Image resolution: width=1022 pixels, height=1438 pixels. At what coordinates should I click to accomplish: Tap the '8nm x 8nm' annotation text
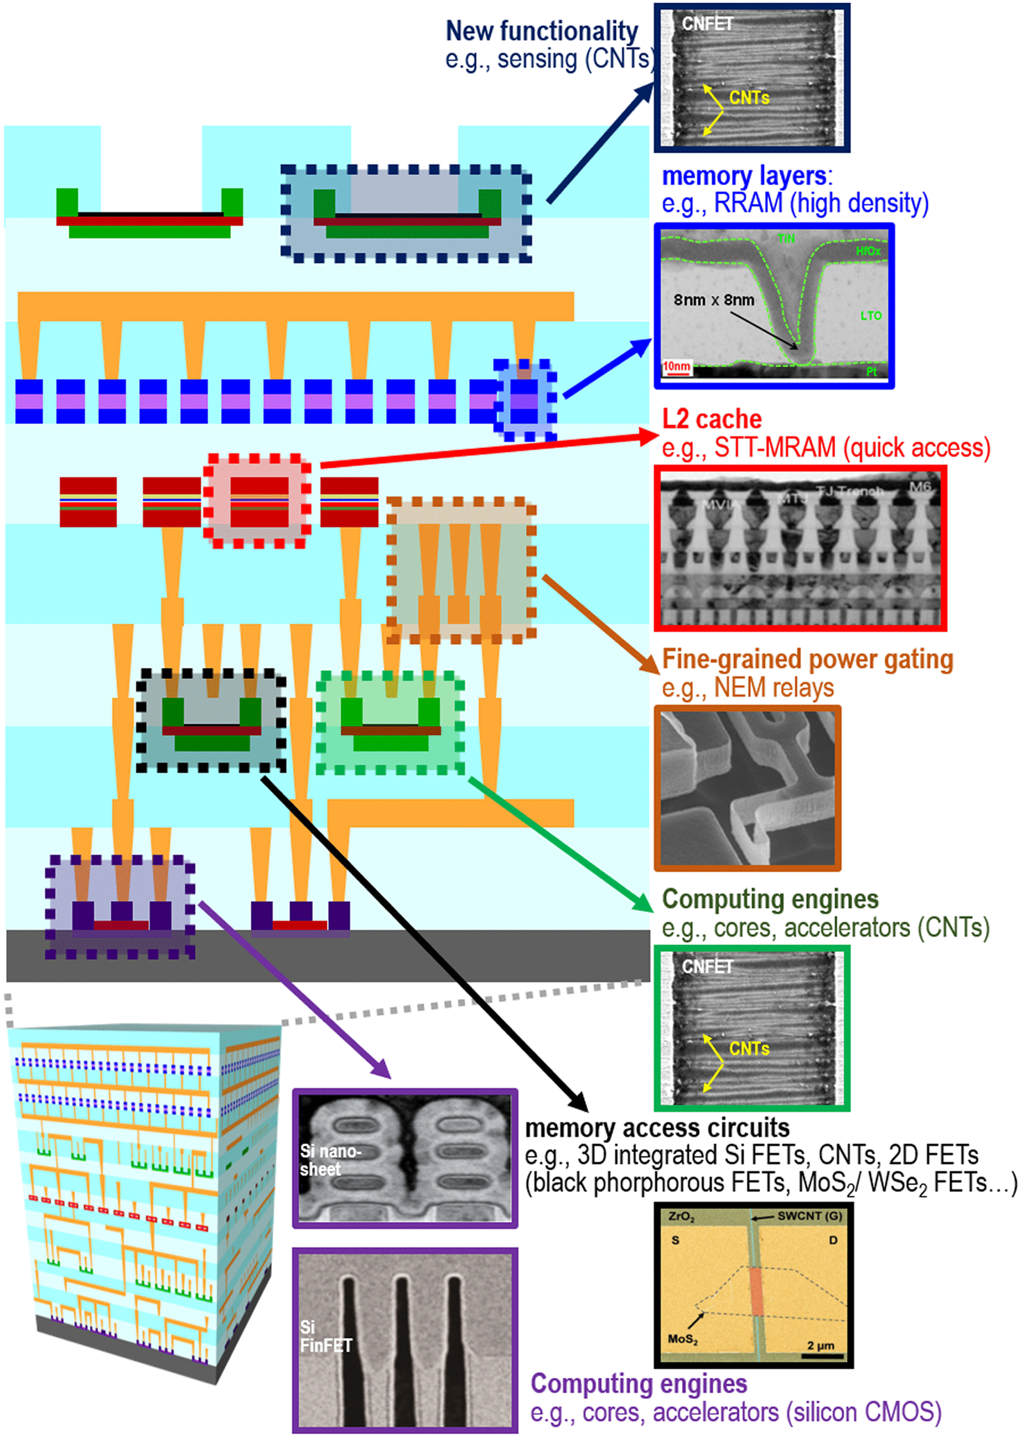click(x=714, y=300)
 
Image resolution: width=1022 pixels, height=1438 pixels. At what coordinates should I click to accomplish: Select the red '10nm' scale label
click(x=676, y=366)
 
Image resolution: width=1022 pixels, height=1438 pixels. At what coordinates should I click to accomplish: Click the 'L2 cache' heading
click(x=712, y=420)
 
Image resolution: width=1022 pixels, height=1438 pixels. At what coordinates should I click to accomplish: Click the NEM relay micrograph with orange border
click(x=748, y=788)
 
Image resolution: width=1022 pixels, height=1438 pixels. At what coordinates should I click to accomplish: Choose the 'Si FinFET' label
click(x=325, y=1337)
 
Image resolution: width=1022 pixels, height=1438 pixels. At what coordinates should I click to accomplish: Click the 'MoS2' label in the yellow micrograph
click(x=682, y=1339)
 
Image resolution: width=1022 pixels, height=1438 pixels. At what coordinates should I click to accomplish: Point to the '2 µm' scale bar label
click(x=821, y=1345)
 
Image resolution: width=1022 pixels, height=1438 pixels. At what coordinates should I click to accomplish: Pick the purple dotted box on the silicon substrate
click(x=119, y=906)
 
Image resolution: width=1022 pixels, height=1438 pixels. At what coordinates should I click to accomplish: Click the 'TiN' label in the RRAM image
click(x=786, y=238)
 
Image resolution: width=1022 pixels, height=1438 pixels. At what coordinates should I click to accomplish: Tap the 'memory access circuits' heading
click(x=657, y=1128)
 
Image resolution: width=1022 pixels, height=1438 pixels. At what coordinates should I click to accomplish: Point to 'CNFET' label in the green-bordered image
click(x=707, y=967)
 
